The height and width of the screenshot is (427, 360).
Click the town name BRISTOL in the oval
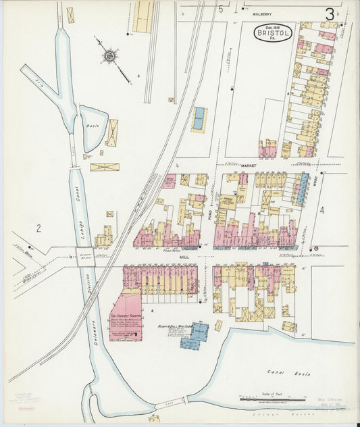pos(273,31)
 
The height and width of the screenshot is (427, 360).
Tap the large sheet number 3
pos(330,14)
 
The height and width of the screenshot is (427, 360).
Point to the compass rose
pos(108,56)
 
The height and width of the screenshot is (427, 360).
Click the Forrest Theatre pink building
pos(126,317)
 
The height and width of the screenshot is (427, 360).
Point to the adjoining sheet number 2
pos(38,228)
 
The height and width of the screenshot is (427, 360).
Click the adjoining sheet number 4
pos(322,210)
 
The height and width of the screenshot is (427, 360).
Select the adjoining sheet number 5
pos(221,8)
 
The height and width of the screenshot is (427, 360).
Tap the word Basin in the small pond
pos(93,126)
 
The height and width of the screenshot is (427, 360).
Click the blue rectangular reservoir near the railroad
pos(199,118)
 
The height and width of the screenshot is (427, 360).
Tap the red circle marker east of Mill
pos(315,250)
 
